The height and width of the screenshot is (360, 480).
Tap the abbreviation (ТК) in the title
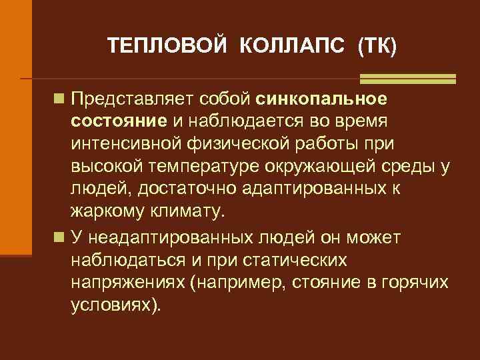(377, 46)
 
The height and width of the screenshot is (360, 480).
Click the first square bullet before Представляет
(60, 99)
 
